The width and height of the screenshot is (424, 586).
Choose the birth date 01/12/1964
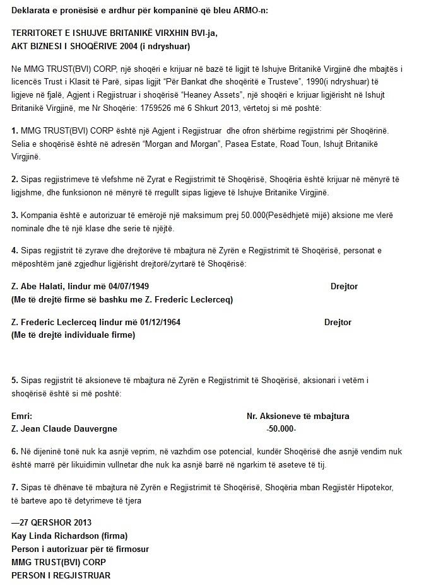pos(158,323)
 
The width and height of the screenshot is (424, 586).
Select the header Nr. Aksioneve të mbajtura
pos(297,417)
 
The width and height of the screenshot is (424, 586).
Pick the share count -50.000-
pos(281,428)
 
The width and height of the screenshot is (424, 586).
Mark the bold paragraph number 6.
pos(15,452)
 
